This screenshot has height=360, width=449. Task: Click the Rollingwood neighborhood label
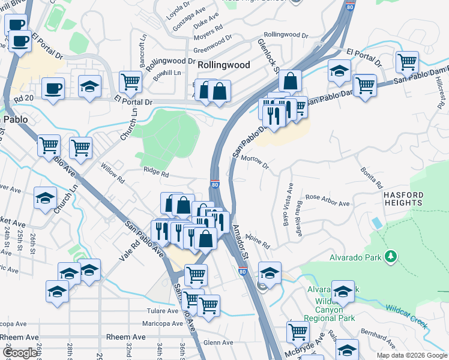coord(223,64)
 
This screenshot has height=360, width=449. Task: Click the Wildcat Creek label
coord(407,316)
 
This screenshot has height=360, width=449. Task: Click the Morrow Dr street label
coord(255,160)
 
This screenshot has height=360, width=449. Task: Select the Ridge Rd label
coord(156,172)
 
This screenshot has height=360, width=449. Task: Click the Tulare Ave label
coord(163,311)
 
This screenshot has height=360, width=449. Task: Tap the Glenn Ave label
coord(214,343)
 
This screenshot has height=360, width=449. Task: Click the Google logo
coord(20,353)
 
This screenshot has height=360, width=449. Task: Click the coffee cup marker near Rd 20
coord(53,89)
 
